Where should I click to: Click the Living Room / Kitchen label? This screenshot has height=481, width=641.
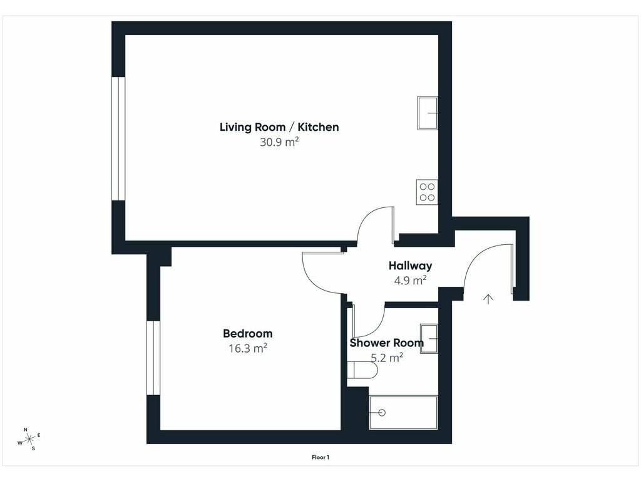[279, 127]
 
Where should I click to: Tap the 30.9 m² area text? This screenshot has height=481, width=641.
[279, 142]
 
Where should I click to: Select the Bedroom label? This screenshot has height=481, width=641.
[248, 333]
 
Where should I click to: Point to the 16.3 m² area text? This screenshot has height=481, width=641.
[248, 348]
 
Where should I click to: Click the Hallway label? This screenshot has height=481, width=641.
[410, 266]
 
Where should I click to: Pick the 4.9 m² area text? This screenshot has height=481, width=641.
[410, 281]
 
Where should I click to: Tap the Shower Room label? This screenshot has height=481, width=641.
[386, 343]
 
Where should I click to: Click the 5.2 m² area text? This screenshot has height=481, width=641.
[387, 358]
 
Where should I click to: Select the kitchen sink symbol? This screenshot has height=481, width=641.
[428, 113]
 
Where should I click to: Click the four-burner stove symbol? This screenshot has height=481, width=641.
[427, 192]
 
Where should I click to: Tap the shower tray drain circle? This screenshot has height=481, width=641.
[382, 413]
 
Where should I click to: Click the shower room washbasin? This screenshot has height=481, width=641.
[429, 339]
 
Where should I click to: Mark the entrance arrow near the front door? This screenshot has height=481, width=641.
[488, 299]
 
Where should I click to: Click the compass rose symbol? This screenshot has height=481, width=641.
[29, 439]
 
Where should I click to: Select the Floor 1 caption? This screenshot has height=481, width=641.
[320, 457]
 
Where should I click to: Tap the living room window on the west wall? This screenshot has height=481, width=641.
[118, 138]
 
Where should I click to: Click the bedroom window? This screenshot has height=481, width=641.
[153, 358]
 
